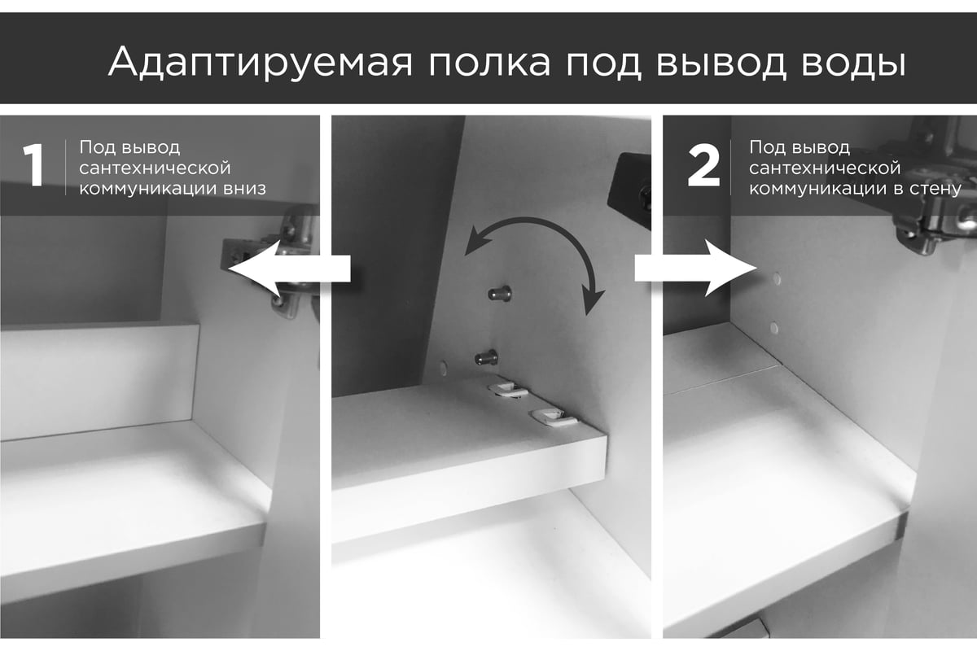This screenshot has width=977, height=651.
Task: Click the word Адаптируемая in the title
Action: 260,63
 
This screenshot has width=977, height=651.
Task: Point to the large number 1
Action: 33,166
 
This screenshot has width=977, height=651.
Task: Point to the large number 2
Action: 703,166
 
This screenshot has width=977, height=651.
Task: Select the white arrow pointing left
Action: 289,269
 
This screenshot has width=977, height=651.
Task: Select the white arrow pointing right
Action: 695,269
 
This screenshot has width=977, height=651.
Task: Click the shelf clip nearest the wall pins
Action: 508,389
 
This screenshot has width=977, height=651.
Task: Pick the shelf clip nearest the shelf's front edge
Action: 553,418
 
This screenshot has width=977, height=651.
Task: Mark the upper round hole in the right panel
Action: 777,279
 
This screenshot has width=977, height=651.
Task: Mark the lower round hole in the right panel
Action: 774,328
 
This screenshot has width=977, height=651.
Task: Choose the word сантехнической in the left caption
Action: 155,168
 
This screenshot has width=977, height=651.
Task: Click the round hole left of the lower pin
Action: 444,369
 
